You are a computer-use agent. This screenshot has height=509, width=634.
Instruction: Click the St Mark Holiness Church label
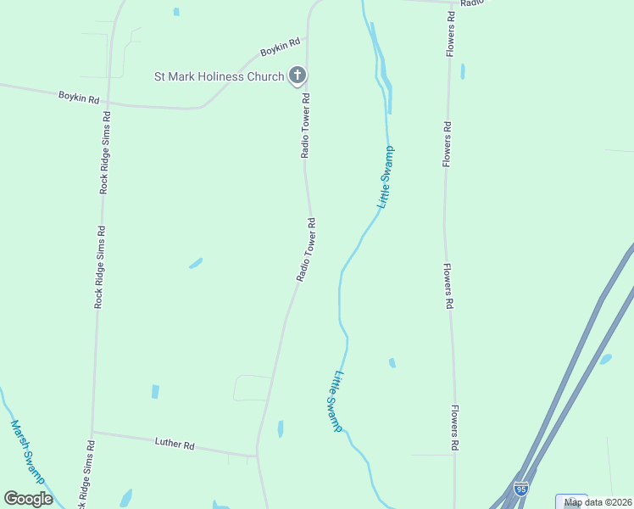[219, 76]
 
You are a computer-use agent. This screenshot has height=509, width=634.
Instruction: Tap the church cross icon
[297, 76]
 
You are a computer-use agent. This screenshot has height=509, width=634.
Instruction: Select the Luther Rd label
[175, 444]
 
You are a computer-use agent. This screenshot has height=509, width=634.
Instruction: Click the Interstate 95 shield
[520, 489]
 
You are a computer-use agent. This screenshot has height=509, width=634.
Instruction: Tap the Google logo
[28, 498]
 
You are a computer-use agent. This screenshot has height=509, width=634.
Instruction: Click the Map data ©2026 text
[598, 502]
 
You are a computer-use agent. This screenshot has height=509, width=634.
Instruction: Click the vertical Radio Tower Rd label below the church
[306, 126]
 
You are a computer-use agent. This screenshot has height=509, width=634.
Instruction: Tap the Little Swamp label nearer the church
[386, 177]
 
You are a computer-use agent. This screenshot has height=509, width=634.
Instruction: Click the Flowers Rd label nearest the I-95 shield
[455, 427]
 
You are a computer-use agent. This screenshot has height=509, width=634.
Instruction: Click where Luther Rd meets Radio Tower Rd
[257, 456]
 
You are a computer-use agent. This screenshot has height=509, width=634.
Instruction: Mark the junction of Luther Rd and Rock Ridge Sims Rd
[92, 432]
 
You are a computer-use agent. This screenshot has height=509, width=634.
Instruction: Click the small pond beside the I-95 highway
[605, 360]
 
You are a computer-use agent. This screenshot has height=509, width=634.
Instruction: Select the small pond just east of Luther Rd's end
[281, 429]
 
